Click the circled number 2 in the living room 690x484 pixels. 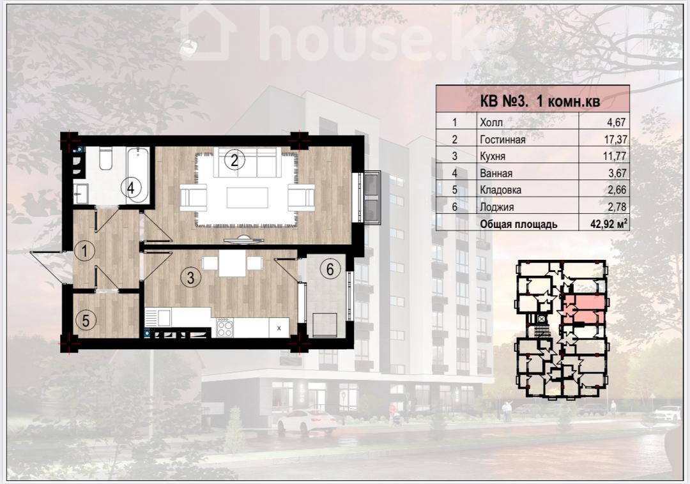tap(234, 160)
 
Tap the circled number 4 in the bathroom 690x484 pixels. tap(131, 188)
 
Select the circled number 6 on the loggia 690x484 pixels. tap(330, 268)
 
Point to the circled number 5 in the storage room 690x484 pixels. tap(86, 320)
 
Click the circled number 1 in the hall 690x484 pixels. tap(84, 251)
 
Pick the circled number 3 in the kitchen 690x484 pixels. tap(190, 277)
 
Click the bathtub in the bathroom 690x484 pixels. tap(138, 175)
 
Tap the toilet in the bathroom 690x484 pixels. tap(106, 159)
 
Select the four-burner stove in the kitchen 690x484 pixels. tap(226, 327)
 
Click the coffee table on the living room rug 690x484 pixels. tap(247, 197)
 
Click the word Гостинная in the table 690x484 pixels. tap(503, 139)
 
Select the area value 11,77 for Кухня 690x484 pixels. tap(615, 156)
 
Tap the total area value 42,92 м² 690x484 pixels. tap(609, 223)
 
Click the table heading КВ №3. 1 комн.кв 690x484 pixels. tap(539, 102)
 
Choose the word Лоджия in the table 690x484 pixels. tap(497, 207)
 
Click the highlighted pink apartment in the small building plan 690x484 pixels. tap(583, 309)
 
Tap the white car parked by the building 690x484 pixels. tap(307, 421)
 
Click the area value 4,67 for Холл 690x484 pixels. tap(617, 122)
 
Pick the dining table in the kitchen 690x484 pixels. tap(232, 263)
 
